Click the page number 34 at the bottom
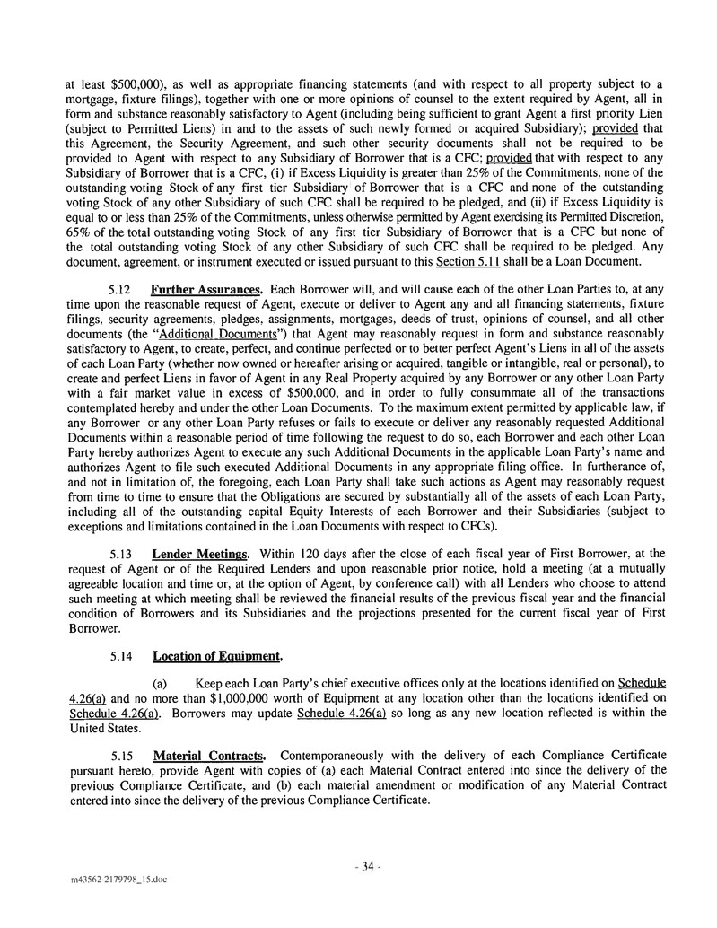pyautogui.click(x=367, y=867)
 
